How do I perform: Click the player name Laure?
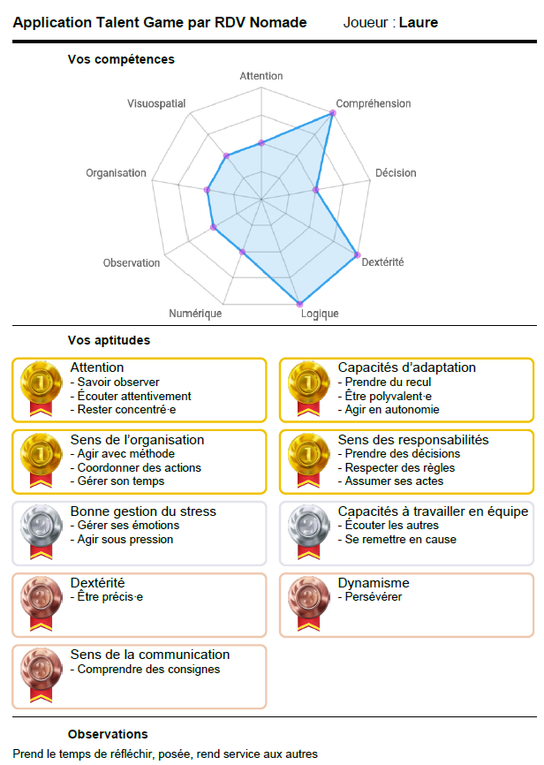(418, 22)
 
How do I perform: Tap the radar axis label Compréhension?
(373, 103)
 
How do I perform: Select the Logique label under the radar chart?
(319, 314)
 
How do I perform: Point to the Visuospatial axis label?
(156, 103)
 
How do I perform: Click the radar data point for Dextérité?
(358, 255)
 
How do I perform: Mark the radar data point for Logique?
(299, 304)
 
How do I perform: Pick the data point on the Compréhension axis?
(333, 112)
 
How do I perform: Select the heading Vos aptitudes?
(109, 339)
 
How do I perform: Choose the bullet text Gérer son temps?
(120, 481)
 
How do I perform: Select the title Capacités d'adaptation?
(406, 367)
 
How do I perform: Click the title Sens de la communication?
(149, 655)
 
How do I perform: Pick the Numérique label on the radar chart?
(195, 314)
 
